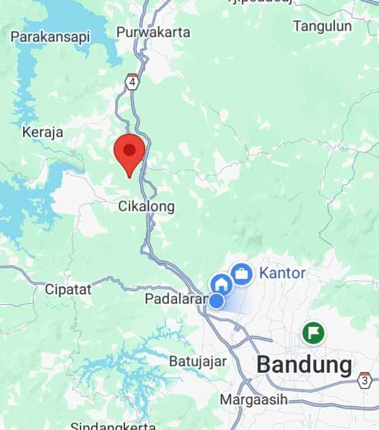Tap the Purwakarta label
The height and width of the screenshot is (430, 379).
(x=153, y=32)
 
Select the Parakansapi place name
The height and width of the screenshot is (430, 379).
(x=50, y=37)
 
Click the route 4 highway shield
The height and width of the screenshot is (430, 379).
(x=132, y=82)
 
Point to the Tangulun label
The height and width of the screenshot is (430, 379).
(x=322, y=26)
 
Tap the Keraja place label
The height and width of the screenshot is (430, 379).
(x=42, y=132)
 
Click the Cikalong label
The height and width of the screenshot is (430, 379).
(x=146, y=206)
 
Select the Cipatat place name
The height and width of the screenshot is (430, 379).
(x=68, y=290)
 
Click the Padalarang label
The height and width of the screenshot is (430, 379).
(x=176, y=299)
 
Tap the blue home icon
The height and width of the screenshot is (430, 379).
(x=221, y=284)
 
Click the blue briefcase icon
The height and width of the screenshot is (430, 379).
(x=242, y=274)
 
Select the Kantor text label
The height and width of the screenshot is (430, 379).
(x=282, y=272)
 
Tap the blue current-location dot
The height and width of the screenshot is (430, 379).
(x=216, y=301)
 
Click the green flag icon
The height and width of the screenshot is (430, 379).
(x=314, y=333)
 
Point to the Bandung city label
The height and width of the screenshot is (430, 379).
(x=304, y=365)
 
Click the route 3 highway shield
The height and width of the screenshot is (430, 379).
(x=365, y=379)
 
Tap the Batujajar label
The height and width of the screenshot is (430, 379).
(x=198, y=361)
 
